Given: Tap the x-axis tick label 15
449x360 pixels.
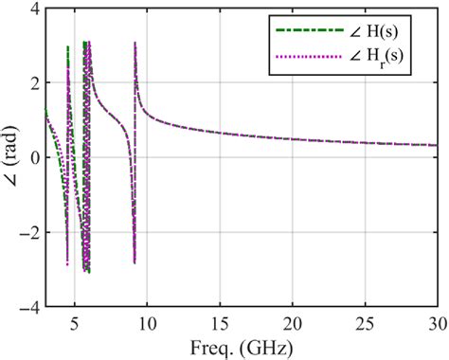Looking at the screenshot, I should pos(220,323).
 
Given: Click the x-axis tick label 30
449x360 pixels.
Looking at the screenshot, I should pos(436,323).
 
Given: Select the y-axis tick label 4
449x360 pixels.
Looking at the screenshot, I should pos(34,9).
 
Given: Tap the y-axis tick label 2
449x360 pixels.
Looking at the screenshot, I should pos(34,83).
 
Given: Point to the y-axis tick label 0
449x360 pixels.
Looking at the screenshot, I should pos(34,158).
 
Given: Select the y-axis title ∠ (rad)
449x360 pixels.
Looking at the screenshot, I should pos(10,158).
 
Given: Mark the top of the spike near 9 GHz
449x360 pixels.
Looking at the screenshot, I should pos(135,43).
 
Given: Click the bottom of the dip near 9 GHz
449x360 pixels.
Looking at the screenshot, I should pos(135,262).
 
